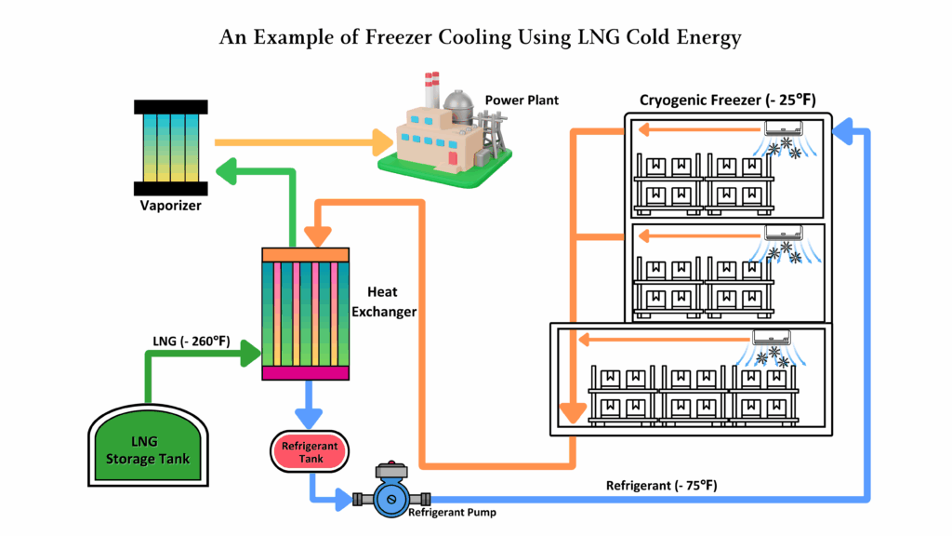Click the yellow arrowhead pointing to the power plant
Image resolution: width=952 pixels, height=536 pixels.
pos(382,142)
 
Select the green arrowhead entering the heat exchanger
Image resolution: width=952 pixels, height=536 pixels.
pos(252,353)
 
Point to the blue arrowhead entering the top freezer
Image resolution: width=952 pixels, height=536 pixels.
pos(844,136)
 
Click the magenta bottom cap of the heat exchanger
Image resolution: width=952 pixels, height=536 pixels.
pos(306,373)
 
